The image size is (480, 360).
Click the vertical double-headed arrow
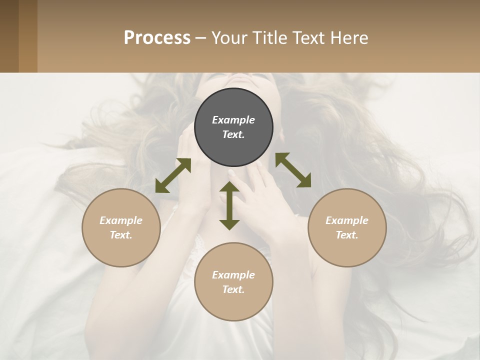coord(229,205)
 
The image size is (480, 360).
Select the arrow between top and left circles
coord(173,175)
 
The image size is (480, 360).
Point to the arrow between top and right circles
coord(293,170)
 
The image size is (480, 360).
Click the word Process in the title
coord(157,37)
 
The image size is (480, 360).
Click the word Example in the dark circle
coord(233,120)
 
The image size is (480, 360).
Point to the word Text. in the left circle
coord(121,235)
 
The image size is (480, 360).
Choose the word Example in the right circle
coord(347,220)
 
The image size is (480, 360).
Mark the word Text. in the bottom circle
coord(233,289)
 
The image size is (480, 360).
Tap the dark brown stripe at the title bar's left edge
coord(9,36)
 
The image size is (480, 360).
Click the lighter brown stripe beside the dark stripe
coord(28,36)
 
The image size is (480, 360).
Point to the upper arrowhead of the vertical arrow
coord(229,187)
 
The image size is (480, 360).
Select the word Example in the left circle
coord(121,220)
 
